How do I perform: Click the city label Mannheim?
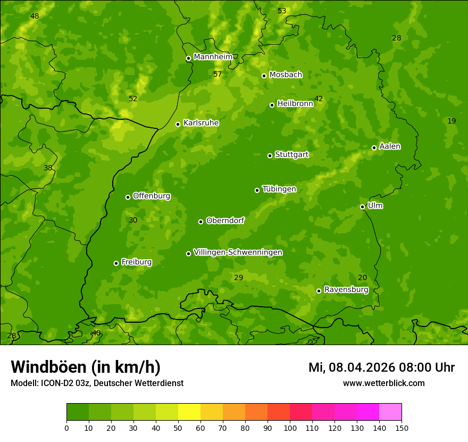pyautogui.click(x=213, y=57)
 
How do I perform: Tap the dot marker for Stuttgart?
pyautogui.click(x=270, y=155)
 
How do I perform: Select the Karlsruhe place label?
pyautogui.click(x=200, y=123)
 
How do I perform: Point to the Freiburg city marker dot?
pyautogui.click(x=116, y=263)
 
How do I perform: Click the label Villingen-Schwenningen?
pyautogui.click(x=238, y=252)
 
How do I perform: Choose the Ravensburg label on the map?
pyautogui.click(x=346, y=290)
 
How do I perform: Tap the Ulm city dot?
pyautogui.click(x=362, y=207)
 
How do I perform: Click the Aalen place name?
pyautogui.click(x=390, y=146)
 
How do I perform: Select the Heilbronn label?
pyautogui.click(x=295, y=104)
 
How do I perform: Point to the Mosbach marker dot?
pyautogui.click(x=264, y=76)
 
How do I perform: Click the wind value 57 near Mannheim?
pyautogui.click(x=218, y=74)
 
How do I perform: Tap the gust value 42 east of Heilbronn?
pyautogui.click(x=319, y=99)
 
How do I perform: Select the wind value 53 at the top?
pyautogui.click(x=282, y=11)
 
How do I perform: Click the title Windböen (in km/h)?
pyautogui.click(x=86, y=367)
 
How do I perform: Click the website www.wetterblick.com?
pyautogui.click(x=383, y=383)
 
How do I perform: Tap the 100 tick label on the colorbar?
pyautogui.click(x=290, y=428)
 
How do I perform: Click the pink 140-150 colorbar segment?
pyautogui.click(x=390, y=412)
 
